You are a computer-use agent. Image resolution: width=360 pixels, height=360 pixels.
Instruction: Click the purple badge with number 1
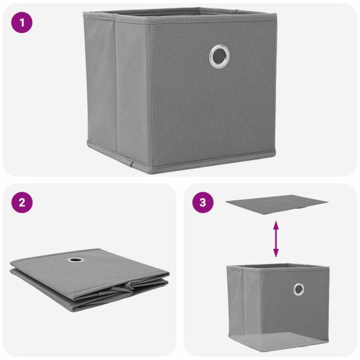(23, 24)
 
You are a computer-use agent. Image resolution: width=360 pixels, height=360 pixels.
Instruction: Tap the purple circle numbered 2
(23, 202)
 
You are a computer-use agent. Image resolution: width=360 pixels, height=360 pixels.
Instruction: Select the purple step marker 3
(203, 202)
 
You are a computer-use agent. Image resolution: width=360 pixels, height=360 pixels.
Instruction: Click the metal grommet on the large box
(219, 56)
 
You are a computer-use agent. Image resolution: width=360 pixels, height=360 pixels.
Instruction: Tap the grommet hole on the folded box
(77, 260)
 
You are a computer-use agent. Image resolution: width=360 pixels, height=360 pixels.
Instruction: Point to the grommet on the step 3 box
(298, 289)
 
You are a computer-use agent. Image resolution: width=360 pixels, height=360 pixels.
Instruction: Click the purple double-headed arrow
(276, 239)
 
